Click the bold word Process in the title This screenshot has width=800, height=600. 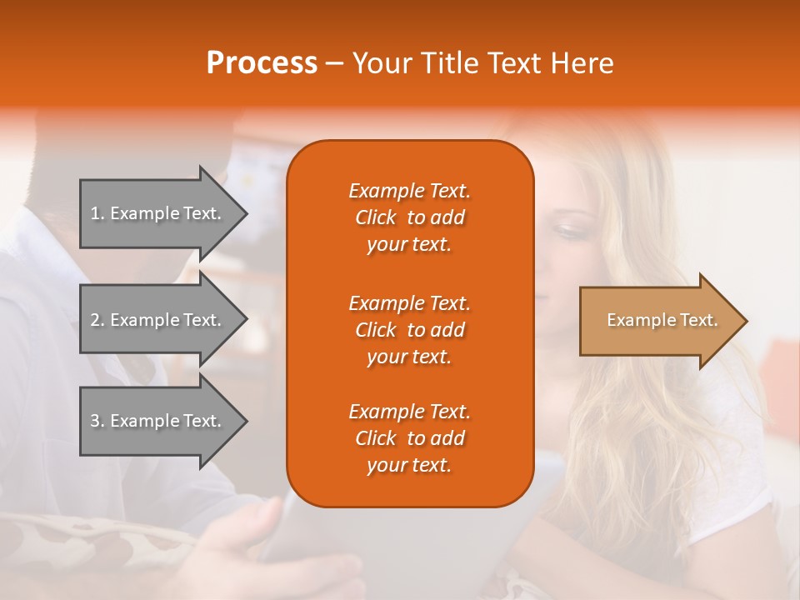coord(262,63)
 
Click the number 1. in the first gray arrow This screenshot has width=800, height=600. coord(97,213)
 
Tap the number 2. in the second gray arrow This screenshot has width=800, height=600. coord(97,320)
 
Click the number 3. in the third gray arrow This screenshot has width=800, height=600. coord(97,421)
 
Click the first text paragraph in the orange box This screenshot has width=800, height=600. coord(409,217)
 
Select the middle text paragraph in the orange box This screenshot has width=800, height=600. coord(409,330)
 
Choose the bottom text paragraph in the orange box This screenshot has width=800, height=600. coord(409,438)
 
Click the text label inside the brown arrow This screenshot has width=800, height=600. coord(662,320)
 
